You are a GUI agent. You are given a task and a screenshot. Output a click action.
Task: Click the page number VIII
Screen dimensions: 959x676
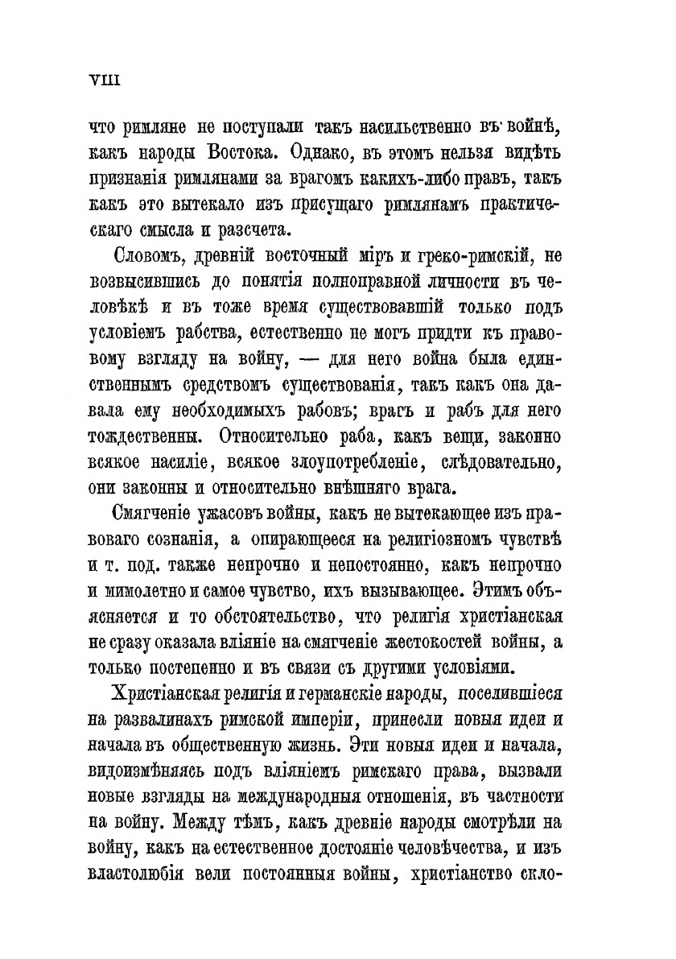[104, 79]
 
